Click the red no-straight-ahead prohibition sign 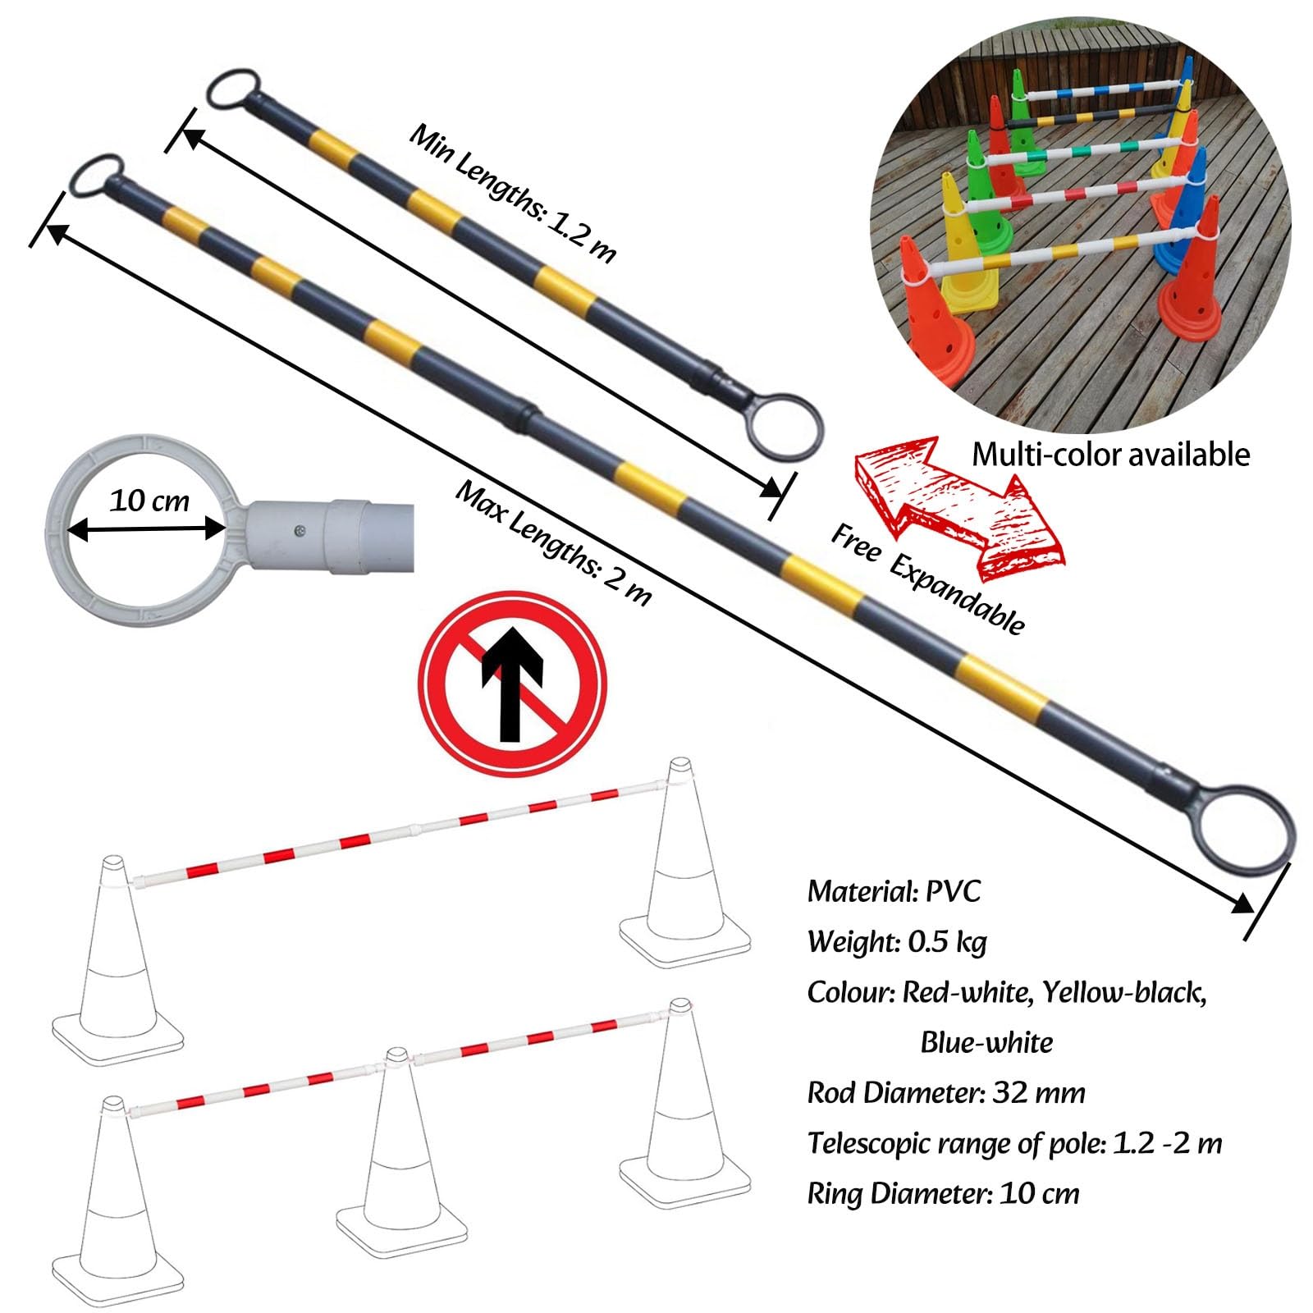pyautogui.click(x=512, y=684)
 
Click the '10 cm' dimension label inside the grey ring pyautogui.click(x=149, y=501)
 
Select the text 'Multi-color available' pyautogui.click(x=1111, y=454)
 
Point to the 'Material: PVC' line pyautogui.click(x=894, y=891)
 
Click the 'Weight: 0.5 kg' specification pyautogui.click(x=897, y=942)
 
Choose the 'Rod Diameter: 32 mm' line pyautogui.click(x=946, y=1093)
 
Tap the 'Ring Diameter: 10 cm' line pyautogui.click(x=943, y=1193)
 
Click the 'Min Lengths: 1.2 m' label pyautogui.click(x=512, y=194)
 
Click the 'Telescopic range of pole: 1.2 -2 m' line pyautogui.click(x=1014, y=1143)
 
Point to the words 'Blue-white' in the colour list pyautogui.click(x=986, y=1043)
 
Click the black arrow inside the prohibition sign pyautogui.click(x=512, y=684)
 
